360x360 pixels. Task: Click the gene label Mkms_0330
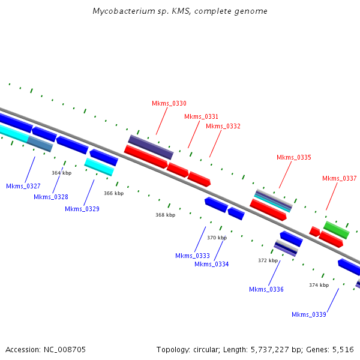(169, 103)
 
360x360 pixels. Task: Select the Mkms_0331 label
(201, 116)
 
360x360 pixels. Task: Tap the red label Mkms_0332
(223, 126)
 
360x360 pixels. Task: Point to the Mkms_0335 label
(293, 157)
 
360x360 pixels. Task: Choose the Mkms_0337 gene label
(340, 178)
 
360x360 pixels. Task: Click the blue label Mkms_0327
(23, 186)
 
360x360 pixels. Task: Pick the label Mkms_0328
(51, 197)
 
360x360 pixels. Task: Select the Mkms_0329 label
(82, 209)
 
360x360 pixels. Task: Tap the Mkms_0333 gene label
(193, 256)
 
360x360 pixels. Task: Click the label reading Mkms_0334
(211, 264)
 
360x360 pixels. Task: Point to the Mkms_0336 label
(266, 289)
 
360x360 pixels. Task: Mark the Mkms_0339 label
(309, 314)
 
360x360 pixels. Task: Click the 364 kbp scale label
(62, 173)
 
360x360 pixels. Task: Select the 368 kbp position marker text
(166, 215)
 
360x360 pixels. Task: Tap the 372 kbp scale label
(268, 260)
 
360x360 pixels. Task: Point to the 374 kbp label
(319, 285)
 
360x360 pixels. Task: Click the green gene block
(337, 230)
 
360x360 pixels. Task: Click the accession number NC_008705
(65, 350)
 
